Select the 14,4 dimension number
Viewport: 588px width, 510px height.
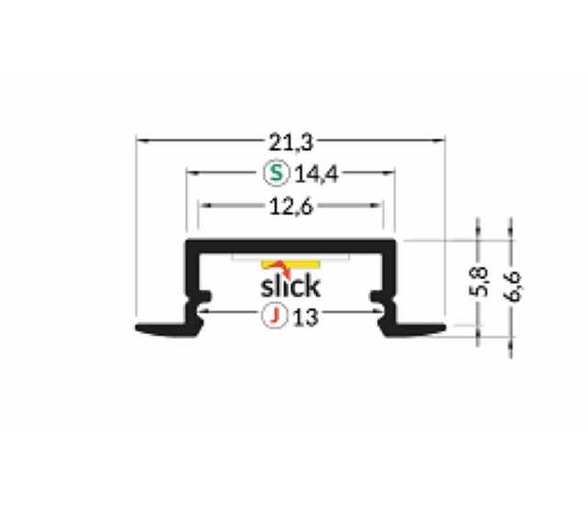pos(317,173)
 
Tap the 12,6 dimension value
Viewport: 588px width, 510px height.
pos(292,207)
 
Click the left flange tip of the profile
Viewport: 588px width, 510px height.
pos(147,328)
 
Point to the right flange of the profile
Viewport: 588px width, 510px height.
pos(423,327)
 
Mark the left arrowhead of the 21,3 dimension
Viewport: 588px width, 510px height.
pos(141,141)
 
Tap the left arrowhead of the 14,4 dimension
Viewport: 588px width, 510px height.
pos(191,173)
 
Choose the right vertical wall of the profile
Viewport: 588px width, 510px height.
pos(393,271)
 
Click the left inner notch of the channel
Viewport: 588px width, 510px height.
pos(206,298)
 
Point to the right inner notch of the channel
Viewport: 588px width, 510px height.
pos(377,298)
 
